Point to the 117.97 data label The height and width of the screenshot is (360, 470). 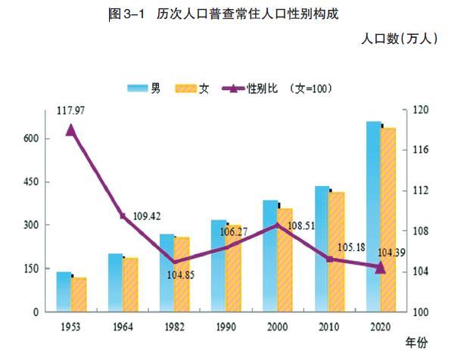(70, 111)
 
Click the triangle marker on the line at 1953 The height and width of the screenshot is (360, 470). (70, 130)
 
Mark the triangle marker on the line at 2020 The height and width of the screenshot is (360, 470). (380, 268)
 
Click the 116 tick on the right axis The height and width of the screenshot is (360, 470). (420, 151)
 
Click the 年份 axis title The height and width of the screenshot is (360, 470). (416, 343)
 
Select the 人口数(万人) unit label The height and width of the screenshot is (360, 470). (400, 39)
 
